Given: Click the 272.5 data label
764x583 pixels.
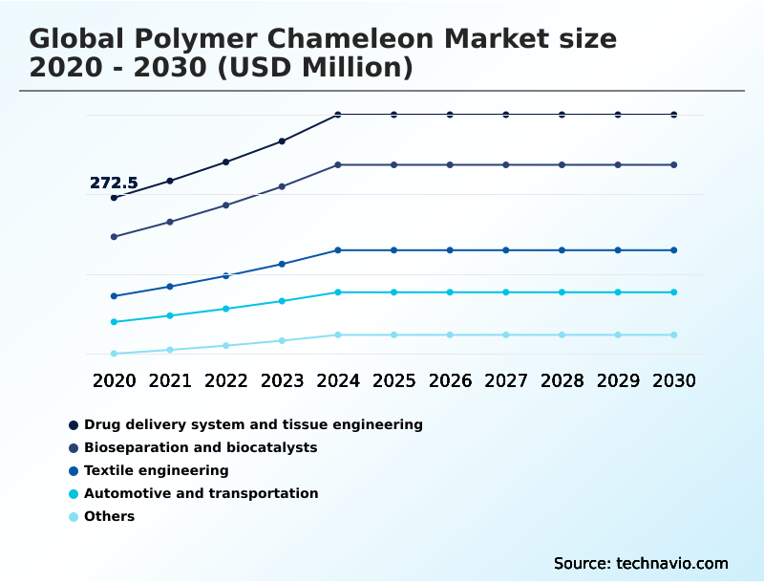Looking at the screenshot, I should coord(114,183).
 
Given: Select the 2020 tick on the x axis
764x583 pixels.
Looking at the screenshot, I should coord(114,380).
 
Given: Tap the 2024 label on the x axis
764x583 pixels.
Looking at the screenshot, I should coord(338,380).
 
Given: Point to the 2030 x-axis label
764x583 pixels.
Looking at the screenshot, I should coord(674,380).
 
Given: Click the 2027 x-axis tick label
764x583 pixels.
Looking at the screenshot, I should coord(506,380).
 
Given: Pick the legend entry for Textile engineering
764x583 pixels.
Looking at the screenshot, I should coord(156,470).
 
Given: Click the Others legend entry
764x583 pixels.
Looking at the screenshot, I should coord(109,516).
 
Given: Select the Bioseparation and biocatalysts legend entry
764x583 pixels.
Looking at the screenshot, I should coord(201,447).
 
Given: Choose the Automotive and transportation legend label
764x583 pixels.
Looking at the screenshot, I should coord(201,493).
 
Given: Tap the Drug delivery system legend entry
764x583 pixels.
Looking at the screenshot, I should coord(253,424).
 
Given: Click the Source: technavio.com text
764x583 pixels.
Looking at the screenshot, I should coord(641,563).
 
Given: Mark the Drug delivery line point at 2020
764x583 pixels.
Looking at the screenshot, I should coord(114,198).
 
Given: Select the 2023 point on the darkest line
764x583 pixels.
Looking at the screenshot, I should coord(282,141).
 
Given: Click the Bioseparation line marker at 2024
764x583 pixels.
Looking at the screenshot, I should coord(338,165).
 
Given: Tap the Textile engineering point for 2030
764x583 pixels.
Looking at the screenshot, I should coord(674,250).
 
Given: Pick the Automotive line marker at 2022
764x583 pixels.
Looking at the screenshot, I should coord(226,309).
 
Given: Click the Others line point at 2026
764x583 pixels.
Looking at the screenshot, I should coord(450,335).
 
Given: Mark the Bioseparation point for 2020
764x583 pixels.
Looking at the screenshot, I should coord(114,237).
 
